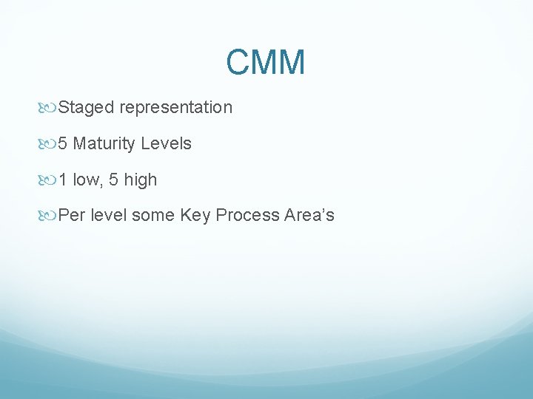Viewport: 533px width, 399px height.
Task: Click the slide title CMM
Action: [266, 63]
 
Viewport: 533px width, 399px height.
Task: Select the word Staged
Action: [86, 108]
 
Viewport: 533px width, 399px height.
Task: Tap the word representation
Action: [175, 108]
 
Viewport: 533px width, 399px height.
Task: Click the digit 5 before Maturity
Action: [63, 144]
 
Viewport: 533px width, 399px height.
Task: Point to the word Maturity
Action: [103, 144]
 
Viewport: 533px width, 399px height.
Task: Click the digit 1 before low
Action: [63, 180]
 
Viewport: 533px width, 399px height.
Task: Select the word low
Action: [87, 180]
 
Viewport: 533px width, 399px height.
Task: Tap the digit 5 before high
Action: [114, 180]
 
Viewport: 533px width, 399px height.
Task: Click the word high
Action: [141, 180]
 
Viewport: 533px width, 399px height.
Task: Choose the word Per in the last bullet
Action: [71, 216]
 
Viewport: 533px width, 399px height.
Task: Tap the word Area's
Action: [309, 216]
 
